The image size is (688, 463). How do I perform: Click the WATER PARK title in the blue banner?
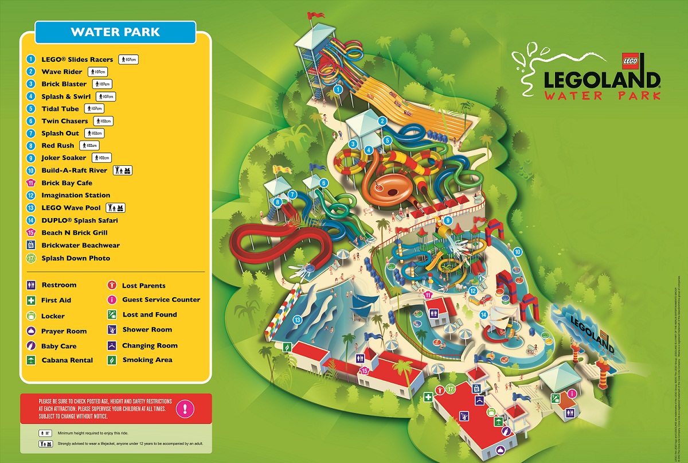[x=115, y=32]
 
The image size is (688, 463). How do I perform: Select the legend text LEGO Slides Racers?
[x=77, y=59]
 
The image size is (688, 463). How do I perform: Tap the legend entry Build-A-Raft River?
[x=74, y=170]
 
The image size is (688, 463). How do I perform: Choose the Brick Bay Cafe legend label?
[x=67, y=183]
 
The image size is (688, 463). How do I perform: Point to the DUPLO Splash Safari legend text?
[x=80, y=220]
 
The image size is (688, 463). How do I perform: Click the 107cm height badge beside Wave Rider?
[x=97, y=72]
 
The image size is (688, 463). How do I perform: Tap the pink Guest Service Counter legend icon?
[x=112, y=299]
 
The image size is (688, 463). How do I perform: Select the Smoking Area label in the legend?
[x=146, y=360]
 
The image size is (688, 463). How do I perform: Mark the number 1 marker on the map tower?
[x=338, y=89]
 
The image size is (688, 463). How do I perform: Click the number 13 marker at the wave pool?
[x=298, y=320]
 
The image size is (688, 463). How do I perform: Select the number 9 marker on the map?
[x=448, y=220]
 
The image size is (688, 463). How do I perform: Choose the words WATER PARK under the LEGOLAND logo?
[x=601, y=95]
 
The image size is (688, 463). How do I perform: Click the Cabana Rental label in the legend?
[x=67, y=360]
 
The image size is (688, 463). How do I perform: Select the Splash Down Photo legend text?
[x=75, y=258]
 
